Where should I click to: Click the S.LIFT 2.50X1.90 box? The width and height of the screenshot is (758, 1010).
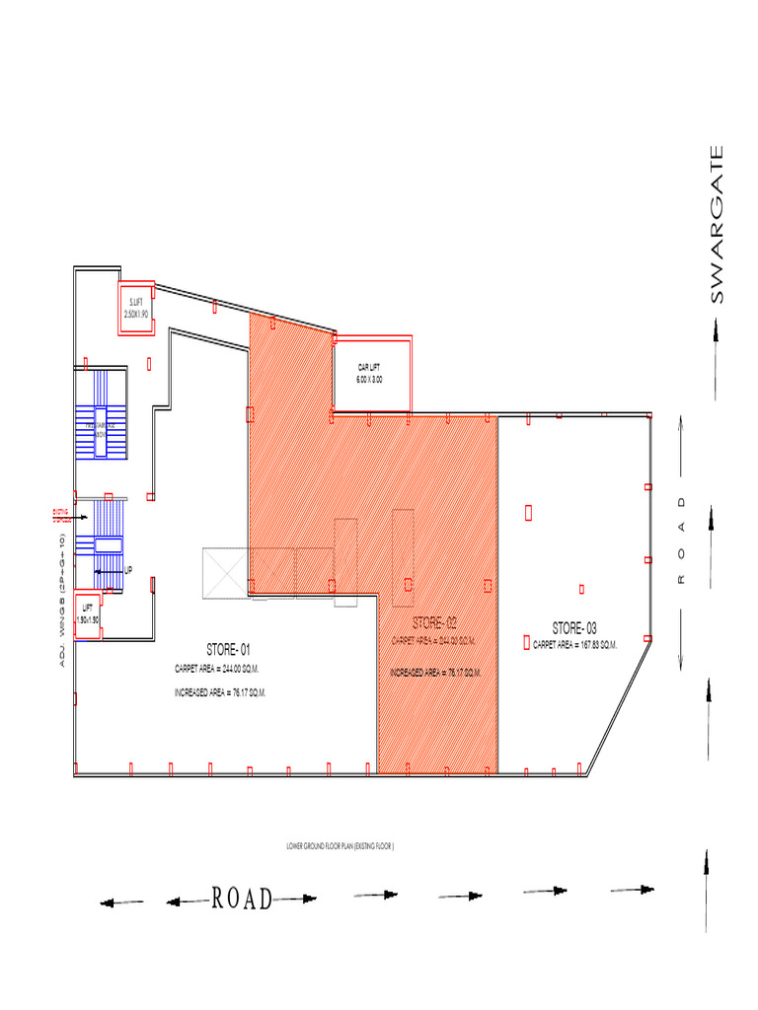pyautogui.click(x=136, y=308)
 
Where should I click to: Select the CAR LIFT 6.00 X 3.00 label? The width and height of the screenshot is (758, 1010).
pyautogui.click(x=370, y=373)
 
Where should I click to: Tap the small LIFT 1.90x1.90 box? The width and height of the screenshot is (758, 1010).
pyautogui.click(x=89, y=613)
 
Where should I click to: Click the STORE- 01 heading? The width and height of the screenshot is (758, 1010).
pyautogui.click(x=229, y=650)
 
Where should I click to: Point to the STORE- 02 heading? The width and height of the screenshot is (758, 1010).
pyautogui.click(x=435, y=623)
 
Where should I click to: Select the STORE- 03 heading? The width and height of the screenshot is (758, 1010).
pyautogui.click(x=574, y=628)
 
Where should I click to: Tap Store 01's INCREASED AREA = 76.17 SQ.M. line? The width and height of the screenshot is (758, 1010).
pyautogui.click(x=221, y=693)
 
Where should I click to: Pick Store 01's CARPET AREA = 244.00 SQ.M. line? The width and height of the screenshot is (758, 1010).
pyautogui.click(x=221, y=669)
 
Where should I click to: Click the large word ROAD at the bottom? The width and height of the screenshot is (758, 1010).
pyautogui.click(x=242, y=898)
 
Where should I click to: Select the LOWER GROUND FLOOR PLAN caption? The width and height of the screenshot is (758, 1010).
pyautogui.click(x=339, y=846)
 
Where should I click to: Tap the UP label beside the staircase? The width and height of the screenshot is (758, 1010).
pyautogui.click(x=128, y=569)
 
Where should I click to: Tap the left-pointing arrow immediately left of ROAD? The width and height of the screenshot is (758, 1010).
pyautogui.click(x=186, y=901)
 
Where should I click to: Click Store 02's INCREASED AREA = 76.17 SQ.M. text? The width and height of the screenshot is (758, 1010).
pyautogui.click(x=435, y=673)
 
